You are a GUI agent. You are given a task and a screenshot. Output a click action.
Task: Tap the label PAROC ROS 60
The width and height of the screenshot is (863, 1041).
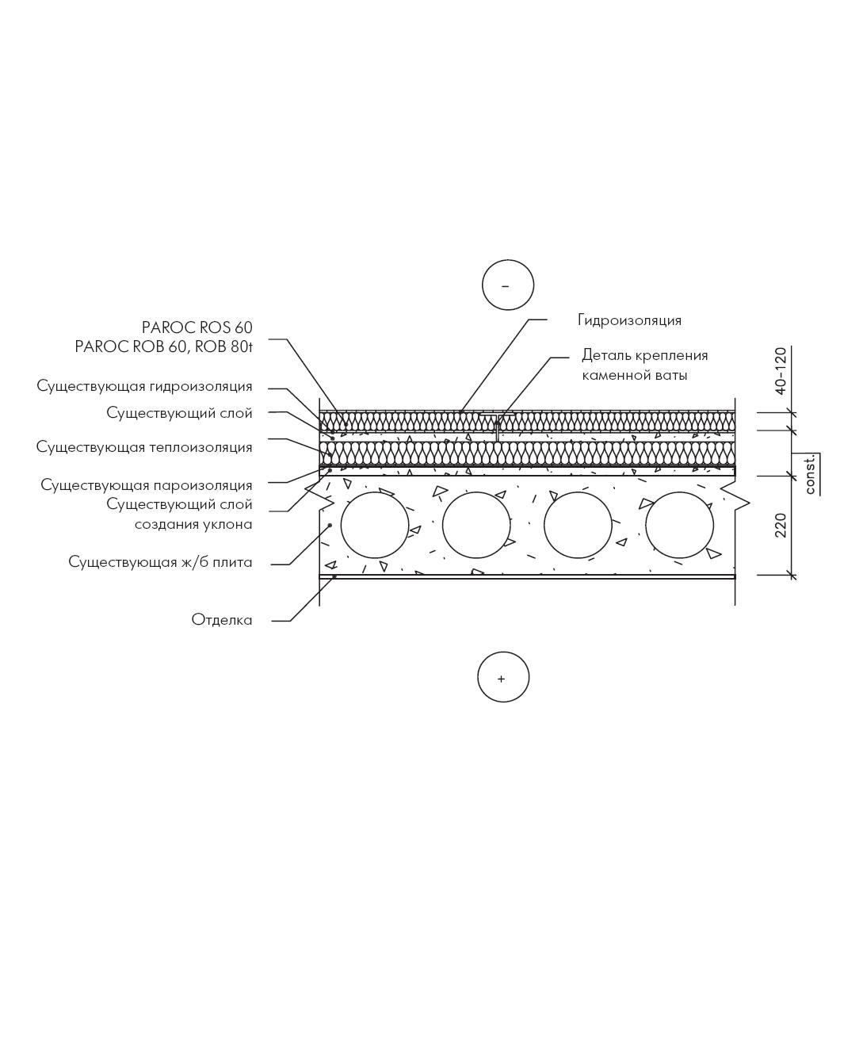click(x=197, y=327)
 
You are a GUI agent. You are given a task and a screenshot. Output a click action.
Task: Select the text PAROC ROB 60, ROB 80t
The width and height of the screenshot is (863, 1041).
click(x=163, y=346)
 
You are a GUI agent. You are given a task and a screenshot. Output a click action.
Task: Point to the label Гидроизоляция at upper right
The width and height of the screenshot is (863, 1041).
click(x=629, y=320)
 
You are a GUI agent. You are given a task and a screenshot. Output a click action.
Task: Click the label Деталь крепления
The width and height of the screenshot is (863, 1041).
click(x=645, y=355)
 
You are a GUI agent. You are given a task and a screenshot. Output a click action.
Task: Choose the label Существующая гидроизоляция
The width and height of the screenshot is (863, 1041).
click(x=144, y=386)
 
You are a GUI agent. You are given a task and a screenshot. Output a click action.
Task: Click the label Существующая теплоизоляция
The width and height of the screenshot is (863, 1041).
click(x=144, y=447)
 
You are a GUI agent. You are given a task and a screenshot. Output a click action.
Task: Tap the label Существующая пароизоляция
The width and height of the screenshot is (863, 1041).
click(x=147, y=485)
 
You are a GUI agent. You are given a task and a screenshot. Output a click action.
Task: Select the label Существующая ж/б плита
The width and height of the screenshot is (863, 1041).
click(x=160, y=562)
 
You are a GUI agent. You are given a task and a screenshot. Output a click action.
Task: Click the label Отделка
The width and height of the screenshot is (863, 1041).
click(x=222, y=620)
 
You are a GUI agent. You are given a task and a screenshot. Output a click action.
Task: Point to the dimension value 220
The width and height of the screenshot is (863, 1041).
click(x=781, y=526)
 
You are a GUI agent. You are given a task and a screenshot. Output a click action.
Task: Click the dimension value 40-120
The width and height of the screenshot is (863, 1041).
click(x=781, y=371)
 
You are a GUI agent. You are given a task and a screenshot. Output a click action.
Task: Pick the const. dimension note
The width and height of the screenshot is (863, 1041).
click(x=810, y=474)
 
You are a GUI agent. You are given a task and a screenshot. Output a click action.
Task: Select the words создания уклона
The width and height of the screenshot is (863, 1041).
click(x=193, y=525)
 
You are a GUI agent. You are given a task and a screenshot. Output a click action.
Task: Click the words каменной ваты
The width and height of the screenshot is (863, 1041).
click(x=634, y=375)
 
